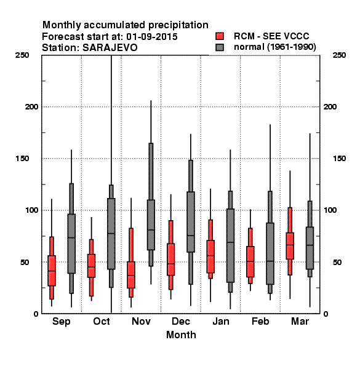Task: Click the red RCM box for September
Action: (52, 271)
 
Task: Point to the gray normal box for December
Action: (191, 222)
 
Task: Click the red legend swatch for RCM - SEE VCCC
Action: (220, 36)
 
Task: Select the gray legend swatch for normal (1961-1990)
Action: (220, 47)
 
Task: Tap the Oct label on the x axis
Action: (102, 321)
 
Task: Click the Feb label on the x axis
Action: (260, 321)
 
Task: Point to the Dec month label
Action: (181, 321)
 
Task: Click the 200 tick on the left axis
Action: (31, 107)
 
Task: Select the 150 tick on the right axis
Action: (339, 159)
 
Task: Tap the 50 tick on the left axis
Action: (25, 262)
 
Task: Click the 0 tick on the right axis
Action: (326, 314)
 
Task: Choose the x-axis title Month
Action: (181, 335)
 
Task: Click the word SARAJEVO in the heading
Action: (110, 48)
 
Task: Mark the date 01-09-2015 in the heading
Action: (152, 37)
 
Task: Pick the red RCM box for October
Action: (91, 266)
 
